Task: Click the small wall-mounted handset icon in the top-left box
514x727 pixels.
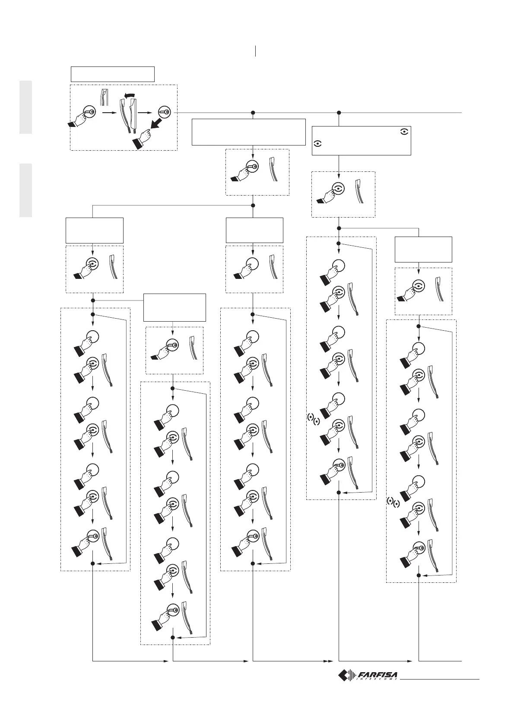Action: pos(103,97)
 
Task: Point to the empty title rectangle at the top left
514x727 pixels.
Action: pos(112,74)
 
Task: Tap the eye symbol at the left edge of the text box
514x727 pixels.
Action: pos(317,145)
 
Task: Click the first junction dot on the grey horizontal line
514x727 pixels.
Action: pos(253,113)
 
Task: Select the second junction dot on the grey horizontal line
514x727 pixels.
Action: pos(339,113)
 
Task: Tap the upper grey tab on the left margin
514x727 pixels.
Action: pos(25,107)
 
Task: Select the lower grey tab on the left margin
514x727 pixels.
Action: pos(25,190)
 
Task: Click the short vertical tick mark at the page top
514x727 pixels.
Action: pos(256,51)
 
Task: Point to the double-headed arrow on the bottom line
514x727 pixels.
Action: pos(331,661)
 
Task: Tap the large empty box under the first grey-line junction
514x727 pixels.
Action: pos(249,132)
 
